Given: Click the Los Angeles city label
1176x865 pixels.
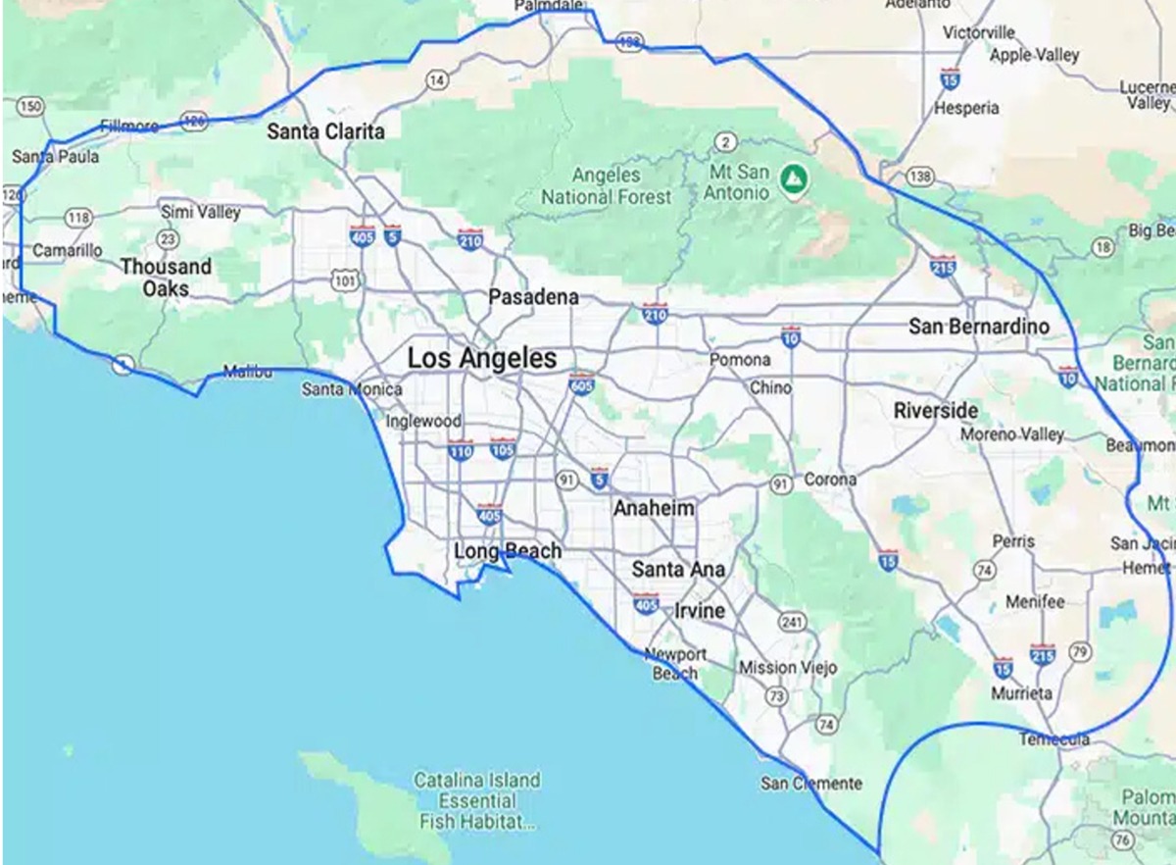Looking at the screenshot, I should tap(482, 359).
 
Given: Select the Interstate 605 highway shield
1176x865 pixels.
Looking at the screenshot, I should tap(582, 383).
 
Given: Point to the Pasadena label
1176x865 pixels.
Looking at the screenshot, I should tap(534, 297).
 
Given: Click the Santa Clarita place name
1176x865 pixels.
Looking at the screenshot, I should tap(326, 131).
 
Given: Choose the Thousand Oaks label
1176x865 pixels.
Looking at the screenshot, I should tap(166, 278).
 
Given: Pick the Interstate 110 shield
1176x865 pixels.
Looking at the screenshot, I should tap(461, 451).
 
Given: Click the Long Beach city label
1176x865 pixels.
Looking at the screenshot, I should tap(508, 551).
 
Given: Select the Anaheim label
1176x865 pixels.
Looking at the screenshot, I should tap(654, 509).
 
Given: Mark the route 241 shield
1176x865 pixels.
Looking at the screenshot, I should tap(792, 623).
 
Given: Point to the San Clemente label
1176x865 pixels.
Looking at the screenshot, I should tap(811, 783).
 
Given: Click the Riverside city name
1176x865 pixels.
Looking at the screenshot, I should tap(936, 411).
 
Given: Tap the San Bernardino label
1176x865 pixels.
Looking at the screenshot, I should tap(978, 327).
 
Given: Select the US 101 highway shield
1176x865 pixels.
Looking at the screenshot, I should tap(345, 281).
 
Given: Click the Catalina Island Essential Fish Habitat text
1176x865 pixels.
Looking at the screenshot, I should tap(476, 800).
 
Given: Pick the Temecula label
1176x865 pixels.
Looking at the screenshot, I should tap(1053, 738).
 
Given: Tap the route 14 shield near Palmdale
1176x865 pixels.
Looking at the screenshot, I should tap(436, 79).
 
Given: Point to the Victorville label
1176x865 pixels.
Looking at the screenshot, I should tap(978, 32).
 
